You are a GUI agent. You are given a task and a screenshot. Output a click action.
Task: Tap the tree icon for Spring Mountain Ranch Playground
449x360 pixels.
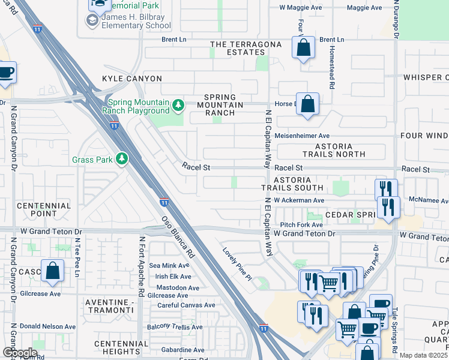coord(178,106)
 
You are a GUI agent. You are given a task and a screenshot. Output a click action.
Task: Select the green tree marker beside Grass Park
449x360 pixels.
coord(122,159)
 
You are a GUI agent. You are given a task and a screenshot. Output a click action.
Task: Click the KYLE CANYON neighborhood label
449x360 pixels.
coord(132,79)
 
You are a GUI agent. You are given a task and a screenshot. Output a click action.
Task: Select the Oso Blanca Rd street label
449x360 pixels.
coord(178,238)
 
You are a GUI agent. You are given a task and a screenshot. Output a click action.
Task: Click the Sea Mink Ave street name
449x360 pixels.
coord(169,266)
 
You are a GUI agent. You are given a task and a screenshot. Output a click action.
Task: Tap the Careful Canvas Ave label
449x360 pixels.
coord(182,305)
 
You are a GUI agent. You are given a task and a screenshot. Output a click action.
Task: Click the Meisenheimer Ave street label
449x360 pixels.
coord(302,136)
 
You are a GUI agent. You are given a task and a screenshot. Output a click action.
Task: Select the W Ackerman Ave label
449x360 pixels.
coord(299,200)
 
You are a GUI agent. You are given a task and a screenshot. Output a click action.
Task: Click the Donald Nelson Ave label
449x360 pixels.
coord(47,327)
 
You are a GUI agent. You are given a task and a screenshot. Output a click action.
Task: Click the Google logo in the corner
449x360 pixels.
coord(19,353)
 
